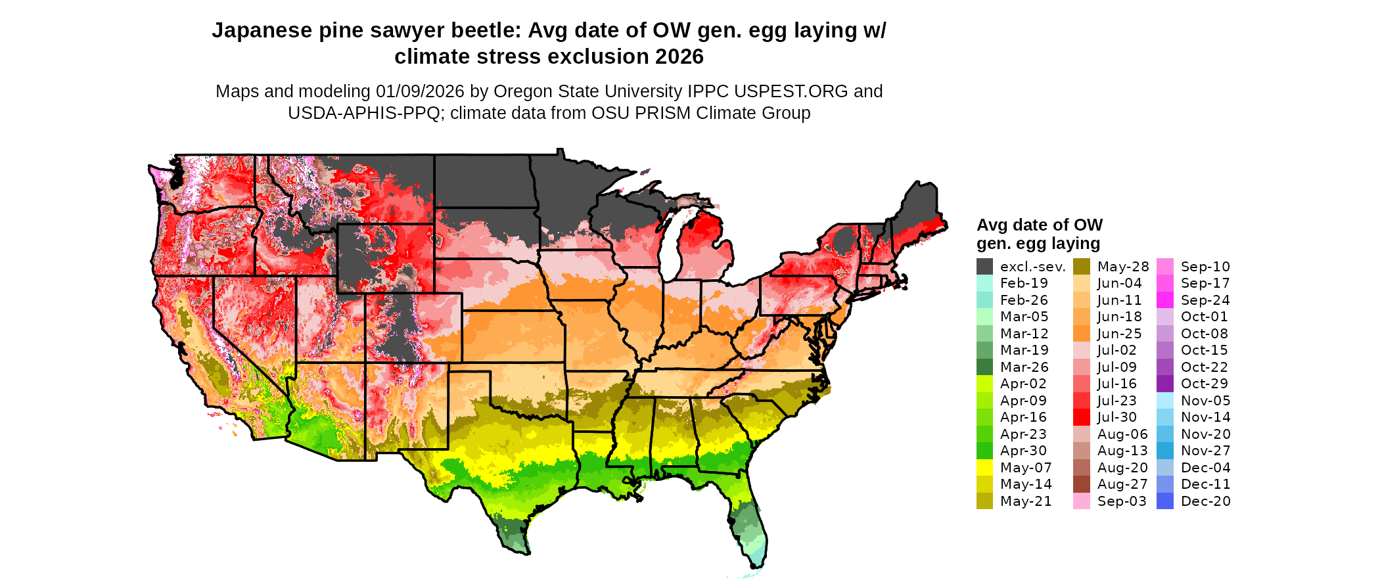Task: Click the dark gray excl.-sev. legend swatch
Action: [x=984, y=267]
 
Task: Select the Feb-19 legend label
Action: [x=1024, y=284]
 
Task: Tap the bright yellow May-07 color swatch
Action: [x=984, y=468]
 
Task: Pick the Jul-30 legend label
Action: [x=1116, y=417]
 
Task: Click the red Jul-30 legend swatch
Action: [x=1081, y=417]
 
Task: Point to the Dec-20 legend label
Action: [x=1205, y=501]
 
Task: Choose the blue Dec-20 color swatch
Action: [x=1164, y=501]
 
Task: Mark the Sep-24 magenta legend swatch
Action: [x=1164, y=300]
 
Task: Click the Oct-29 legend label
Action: [x=1204, y=384]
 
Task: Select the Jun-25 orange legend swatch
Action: [x=1081, y=334]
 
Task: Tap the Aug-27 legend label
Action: [x=1122, y=484]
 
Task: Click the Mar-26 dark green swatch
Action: [x=984, y=367]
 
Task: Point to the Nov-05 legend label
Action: [x=1205, y=401]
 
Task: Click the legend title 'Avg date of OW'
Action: [x=1039, y=225]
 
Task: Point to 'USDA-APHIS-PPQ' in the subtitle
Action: [x=363, y=114]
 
